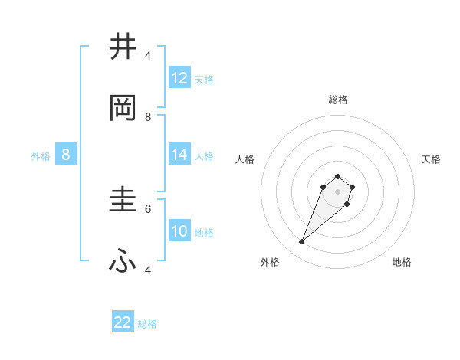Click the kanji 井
(x=123, y=47)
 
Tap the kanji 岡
(x=123, y=109)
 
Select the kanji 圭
(x=123, y=201)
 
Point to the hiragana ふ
(x=123, y=262)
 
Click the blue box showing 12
(x=179, y=77)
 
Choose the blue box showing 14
(x=179, y=154)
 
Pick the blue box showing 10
(x=179, y=231)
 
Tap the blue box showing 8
(x=66, y=154)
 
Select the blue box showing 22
(x=123, y=322)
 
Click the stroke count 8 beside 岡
(x=148, y=116)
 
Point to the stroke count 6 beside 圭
(x=148, y=208)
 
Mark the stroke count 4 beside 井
(x=148, y=56)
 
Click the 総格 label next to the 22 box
(x=147, y=324)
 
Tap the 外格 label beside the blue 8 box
(x=41, y=155)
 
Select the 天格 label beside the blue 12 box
(x=204, y=79)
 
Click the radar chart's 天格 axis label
(x=431, y=159)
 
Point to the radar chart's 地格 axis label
(x=402, y=262)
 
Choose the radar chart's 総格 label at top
(x=338, y=100)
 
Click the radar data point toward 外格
(x=302, y=242)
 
